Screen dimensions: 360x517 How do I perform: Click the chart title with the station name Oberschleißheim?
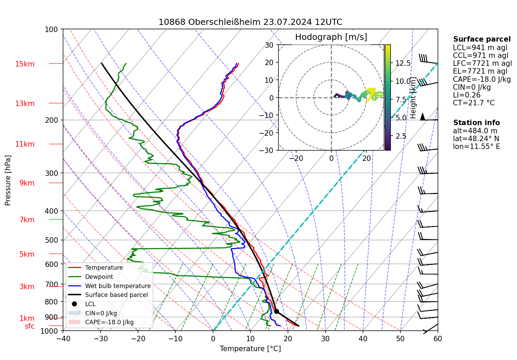[x=250, y=22]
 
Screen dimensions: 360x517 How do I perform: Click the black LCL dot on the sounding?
[x=276, y=311]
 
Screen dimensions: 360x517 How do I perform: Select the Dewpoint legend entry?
[x=99, y=277]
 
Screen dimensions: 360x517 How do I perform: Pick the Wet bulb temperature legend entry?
[x=118, y=286]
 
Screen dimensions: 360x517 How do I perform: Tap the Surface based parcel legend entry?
[x=116, y=295]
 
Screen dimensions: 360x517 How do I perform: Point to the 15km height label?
[x=25, y=64]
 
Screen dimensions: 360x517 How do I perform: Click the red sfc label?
[x=30, y=326]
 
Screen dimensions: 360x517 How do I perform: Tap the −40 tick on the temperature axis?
[x=63, y=339]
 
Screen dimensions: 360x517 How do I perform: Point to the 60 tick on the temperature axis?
[x=438, y=339]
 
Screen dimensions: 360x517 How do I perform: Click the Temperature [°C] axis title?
[x=250, y=348]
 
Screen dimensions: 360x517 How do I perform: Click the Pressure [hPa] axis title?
[x=8, y=180]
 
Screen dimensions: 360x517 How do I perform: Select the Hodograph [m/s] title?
[x=331, y=37]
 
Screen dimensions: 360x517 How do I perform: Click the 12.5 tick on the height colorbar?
[x=403, y=63]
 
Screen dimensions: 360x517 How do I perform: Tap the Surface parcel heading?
[x=482, y=39]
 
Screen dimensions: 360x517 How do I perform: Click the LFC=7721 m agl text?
[x=482, y=63]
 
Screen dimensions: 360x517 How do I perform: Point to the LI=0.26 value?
[x=467, y=95]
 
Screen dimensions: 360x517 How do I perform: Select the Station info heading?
[x=476, y=123]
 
